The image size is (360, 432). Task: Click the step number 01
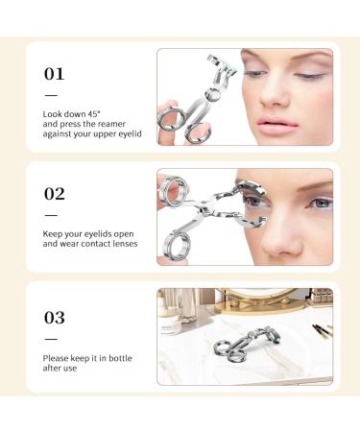(x=56, y=73)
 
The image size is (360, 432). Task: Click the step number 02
(x=56, y=192)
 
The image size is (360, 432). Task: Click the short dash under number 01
(x=51, y=94)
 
